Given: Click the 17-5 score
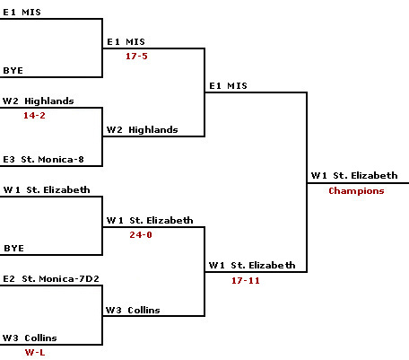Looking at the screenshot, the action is click(x=136, y=56).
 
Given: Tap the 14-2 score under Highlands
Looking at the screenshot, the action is click(x=34, y=115).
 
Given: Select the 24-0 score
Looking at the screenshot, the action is click(x=141, y=234).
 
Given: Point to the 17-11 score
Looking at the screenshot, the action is click(x=246, y=280).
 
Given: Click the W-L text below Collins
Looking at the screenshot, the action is click(x=35, y=352).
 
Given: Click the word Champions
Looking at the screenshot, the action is click(x=356, y=191).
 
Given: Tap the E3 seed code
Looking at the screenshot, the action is click(x=9, y=159).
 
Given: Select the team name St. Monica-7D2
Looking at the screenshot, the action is click(x=60, y=279).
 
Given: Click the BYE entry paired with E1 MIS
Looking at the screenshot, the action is click(x=13, y=71).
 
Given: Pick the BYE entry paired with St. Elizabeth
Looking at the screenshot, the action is click(x=13, y=249).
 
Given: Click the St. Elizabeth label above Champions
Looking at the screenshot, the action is click(x=365, y=175).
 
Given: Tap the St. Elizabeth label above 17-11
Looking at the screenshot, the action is click(x=263, y=265).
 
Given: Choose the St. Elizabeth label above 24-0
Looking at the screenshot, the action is click(x=161, y=220).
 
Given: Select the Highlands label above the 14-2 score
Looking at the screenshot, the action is click(x=49, y=101).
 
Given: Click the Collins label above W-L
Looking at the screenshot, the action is click(x=40, y=338).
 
